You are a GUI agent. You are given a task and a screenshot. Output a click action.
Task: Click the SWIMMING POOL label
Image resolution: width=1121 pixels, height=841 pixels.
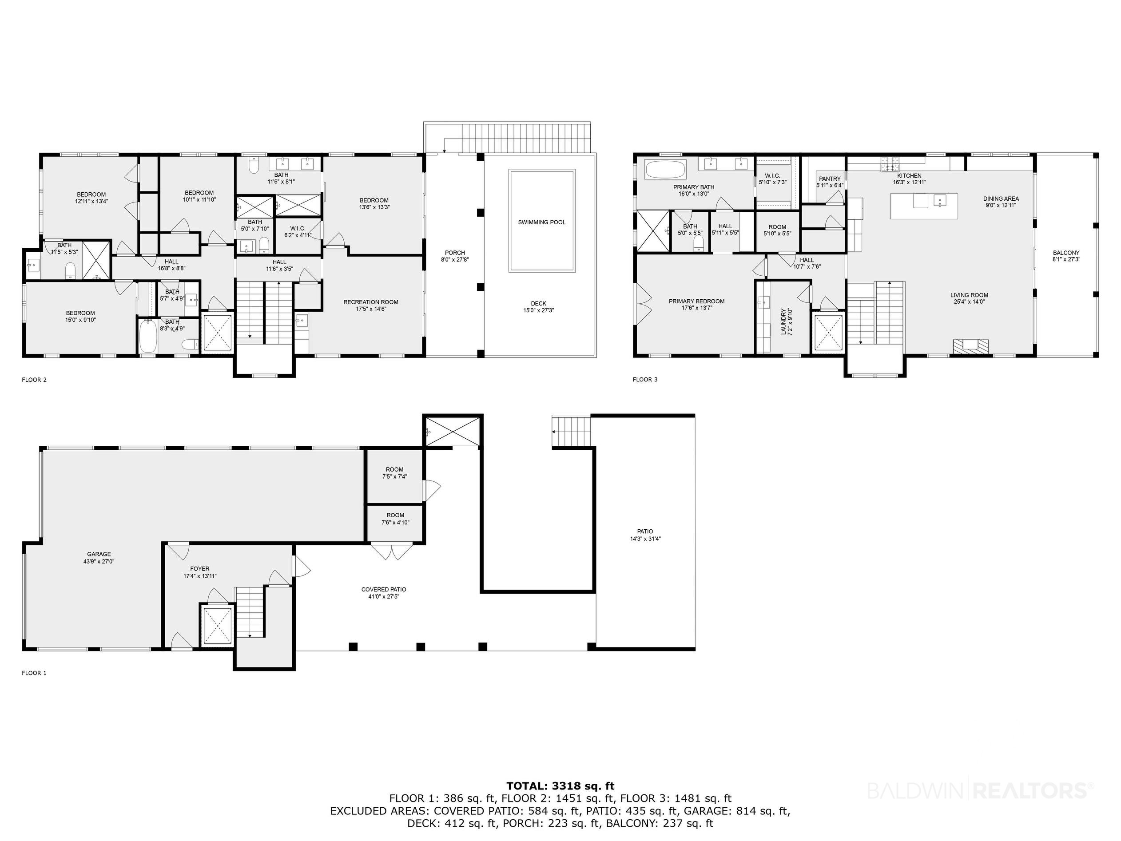[x=542, y=222]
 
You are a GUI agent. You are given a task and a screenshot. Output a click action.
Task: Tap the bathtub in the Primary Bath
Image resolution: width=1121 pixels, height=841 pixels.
[x=665, y=169]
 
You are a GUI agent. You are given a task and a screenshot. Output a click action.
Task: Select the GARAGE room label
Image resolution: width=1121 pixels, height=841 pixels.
[x=99, y=554]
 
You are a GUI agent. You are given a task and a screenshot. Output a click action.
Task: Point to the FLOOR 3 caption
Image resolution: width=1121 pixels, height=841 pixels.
[x=645, y=380]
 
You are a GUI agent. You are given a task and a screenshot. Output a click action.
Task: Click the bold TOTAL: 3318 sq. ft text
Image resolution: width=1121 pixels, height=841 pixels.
[x=560, y=786]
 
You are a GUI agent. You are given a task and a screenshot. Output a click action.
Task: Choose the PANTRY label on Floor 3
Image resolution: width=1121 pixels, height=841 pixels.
[x=830, y=179]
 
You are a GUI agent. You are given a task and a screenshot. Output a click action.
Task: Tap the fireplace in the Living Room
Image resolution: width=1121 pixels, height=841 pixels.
[x=970, y=345]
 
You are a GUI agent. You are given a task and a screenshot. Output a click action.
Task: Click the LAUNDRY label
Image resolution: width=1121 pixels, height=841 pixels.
[x=783, y=322]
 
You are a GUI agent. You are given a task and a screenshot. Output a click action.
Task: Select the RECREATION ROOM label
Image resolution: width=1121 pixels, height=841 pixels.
[x=371, y=302]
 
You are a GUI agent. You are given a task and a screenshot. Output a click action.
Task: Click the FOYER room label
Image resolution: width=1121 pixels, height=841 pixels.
[x=200, y=569]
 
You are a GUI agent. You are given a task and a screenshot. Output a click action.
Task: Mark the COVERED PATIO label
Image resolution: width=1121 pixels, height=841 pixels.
[x=384, y=590]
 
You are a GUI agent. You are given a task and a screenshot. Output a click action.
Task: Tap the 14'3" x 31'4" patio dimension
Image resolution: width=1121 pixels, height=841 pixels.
[x=645, y=539]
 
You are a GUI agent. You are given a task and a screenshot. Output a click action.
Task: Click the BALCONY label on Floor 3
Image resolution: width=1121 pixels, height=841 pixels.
[x=1066, y=253]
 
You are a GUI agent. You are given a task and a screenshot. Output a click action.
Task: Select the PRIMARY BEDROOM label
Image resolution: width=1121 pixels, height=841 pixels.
[x=697, y=301]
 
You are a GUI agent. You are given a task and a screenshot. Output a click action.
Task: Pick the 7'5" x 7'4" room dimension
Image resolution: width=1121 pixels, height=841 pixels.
[x=395, y=477]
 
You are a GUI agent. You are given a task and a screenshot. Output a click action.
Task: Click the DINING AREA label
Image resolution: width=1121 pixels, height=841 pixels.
[x=1001, y=199]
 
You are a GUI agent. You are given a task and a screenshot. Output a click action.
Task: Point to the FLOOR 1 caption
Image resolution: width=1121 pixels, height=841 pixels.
[x=34, y=673]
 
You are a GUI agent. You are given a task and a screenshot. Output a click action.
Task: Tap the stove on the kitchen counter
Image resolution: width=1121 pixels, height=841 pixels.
[x=890, y=164]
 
